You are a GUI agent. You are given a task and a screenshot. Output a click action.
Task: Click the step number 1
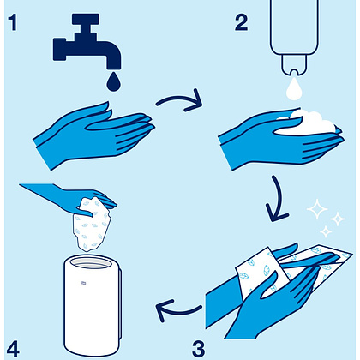tap(13, 22)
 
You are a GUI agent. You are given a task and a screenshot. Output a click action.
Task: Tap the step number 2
tap(242, 22)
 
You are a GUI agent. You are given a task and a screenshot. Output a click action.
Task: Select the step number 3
tap(199, 349)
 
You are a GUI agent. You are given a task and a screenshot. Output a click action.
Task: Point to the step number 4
tap(13, 349)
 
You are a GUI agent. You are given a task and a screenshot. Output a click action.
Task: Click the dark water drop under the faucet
tap(113, 81)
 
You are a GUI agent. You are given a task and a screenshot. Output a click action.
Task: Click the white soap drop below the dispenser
tap(294, 88)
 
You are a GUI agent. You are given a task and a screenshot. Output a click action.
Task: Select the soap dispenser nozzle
tap(294, 66)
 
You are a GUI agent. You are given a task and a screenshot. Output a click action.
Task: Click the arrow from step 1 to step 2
tap(177, 99)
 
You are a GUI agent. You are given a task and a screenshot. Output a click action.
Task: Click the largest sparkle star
tap(317, 209)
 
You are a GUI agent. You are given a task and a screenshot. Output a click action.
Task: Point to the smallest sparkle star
tap(326, 231)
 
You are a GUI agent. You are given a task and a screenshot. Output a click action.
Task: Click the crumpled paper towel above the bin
tap(92, 225)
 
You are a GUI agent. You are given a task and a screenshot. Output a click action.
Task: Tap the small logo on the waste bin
tap(83, 283)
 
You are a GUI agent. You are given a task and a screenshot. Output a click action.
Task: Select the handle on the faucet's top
tap(86, 19)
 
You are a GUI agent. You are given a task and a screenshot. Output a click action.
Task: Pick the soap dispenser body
tap(294, 27)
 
